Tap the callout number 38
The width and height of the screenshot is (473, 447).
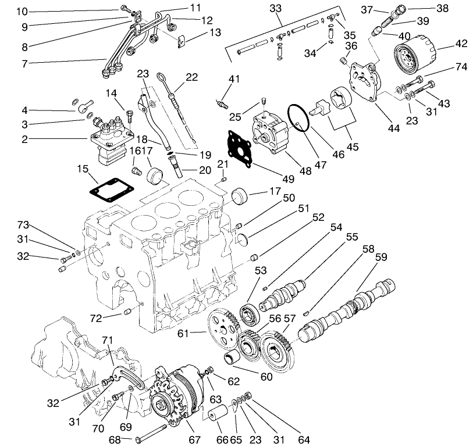point(443,9)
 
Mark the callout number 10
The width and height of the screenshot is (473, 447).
point(22,12)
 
